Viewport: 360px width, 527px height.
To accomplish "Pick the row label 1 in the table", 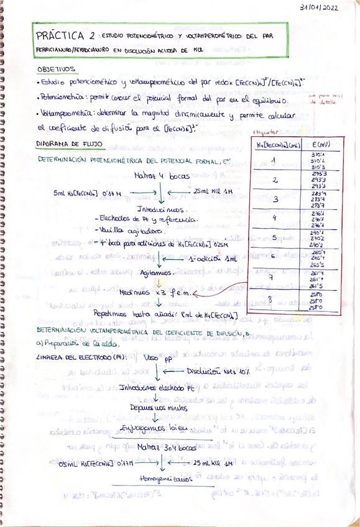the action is (274, 161).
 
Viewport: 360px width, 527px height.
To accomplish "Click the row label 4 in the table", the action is (274, 218).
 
